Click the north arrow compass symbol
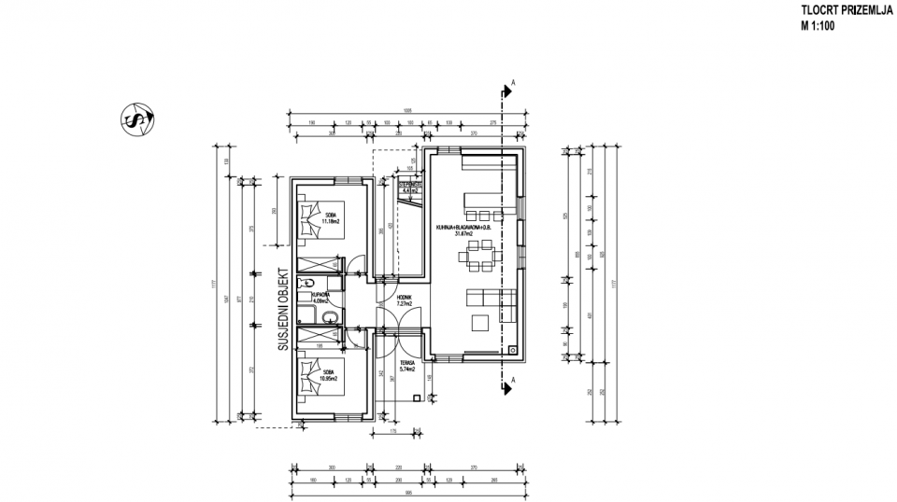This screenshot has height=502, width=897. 138,119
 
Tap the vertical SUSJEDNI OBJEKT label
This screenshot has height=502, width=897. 279,311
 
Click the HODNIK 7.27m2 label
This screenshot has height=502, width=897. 404,300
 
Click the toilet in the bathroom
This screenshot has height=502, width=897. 306,283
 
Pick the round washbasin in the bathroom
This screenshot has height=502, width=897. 327,318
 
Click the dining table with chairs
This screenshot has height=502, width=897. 482,254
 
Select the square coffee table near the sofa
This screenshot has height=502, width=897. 479,324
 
